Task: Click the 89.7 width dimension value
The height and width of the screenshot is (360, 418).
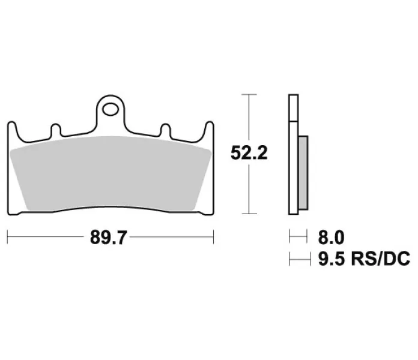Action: click(x=108, y=237)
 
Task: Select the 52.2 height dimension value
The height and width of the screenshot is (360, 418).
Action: click(x=249, y=153)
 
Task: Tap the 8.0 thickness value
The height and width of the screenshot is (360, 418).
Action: click(x=331, y=237)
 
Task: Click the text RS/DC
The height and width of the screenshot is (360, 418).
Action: click(x=380, y=259)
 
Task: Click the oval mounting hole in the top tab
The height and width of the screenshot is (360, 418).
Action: click(x=111, y=110)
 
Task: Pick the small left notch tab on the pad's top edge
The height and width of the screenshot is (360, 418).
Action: click(x=56, y=130)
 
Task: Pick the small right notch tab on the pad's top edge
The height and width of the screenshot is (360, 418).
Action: click(x=166, y=130)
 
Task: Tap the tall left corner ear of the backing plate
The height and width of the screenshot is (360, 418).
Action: click(x=13, y=131)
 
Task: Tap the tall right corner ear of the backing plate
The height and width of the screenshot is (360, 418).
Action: click(x=208, y=131)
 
